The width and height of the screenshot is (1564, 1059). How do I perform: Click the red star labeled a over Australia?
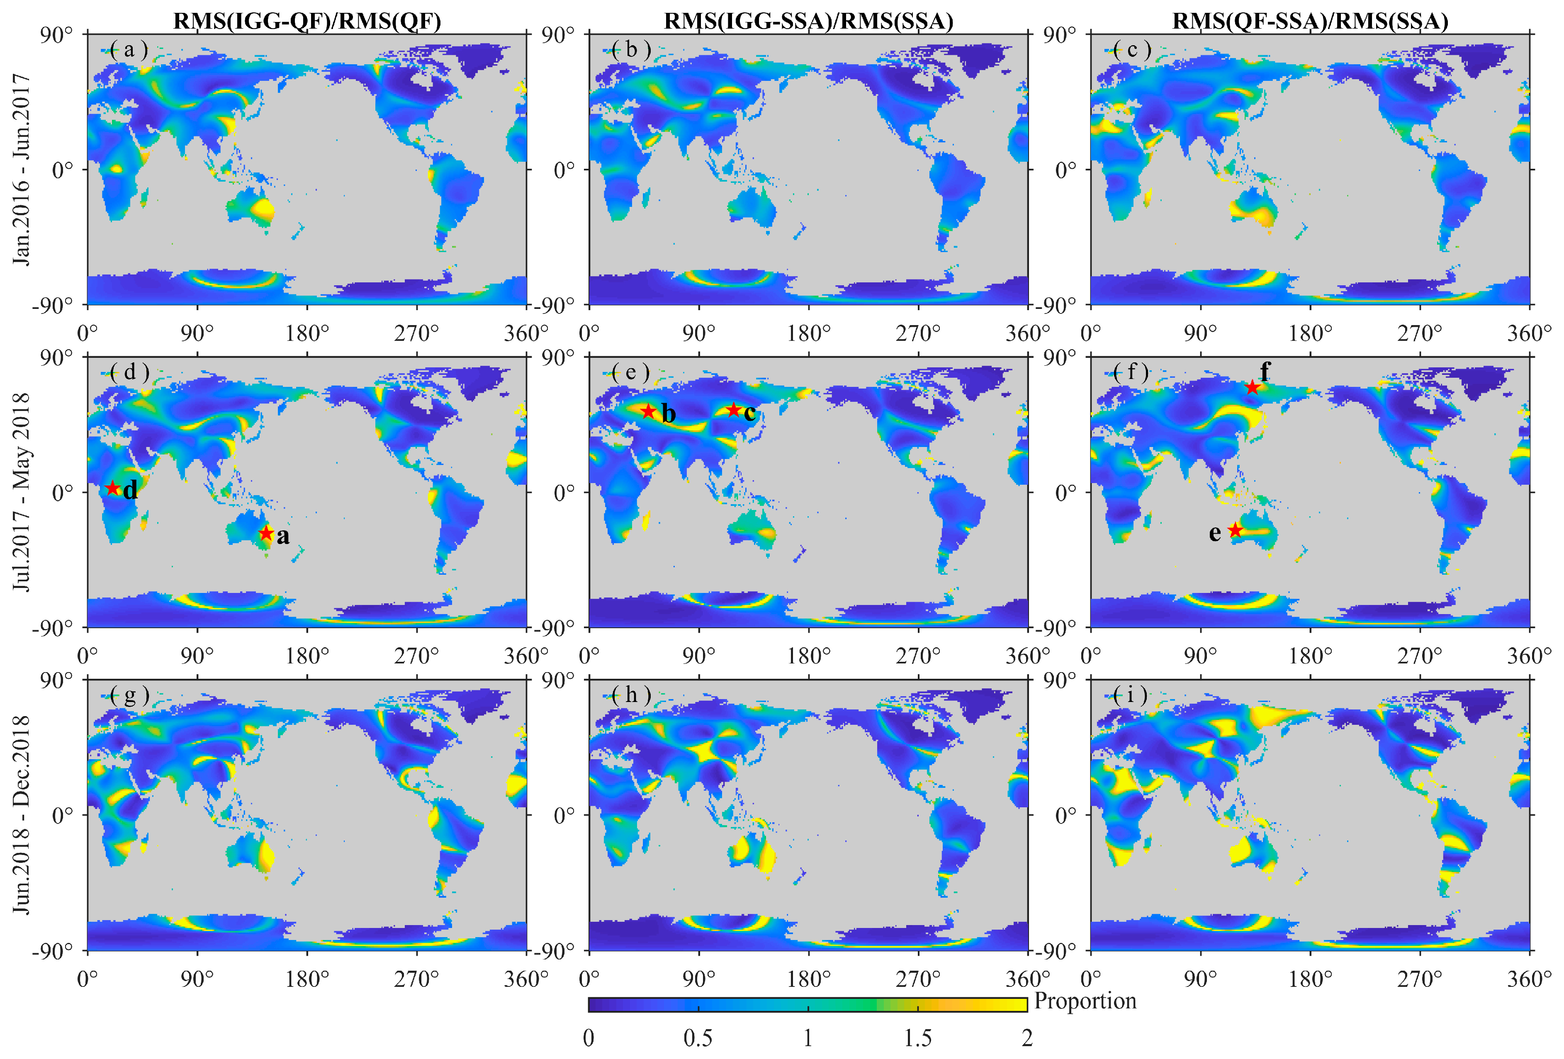click(x=267, y=534)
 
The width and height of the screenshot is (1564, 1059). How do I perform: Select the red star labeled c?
click(x=734, y=410)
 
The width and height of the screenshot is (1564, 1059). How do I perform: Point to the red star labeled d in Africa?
click(x=113, y=488)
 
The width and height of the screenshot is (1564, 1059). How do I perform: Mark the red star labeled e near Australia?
click(x=1235, y=530)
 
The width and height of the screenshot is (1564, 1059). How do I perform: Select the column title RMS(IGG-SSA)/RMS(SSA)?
click(x=808, y=21)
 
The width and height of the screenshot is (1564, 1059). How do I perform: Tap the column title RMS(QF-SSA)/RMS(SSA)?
click(x=1310, y=21)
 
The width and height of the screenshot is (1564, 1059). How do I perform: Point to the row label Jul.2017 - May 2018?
click(x=22, y=492)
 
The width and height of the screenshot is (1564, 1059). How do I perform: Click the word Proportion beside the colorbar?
click(x=1085, y=1001)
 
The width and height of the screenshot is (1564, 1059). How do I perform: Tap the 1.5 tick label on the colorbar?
click(x=917, y=1038)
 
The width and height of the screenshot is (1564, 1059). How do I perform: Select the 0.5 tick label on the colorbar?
click(x=698, y=1038)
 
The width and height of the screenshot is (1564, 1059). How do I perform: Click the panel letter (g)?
click(x=129, y=695)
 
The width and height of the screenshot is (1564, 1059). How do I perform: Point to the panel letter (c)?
click(x=1133, y=49)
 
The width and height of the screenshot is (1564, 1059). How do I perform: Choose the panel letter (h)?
click(x=631, y=695)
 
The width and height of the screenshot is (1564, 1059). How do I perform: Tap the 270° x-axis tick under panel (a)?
click(x=416, y=333)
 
